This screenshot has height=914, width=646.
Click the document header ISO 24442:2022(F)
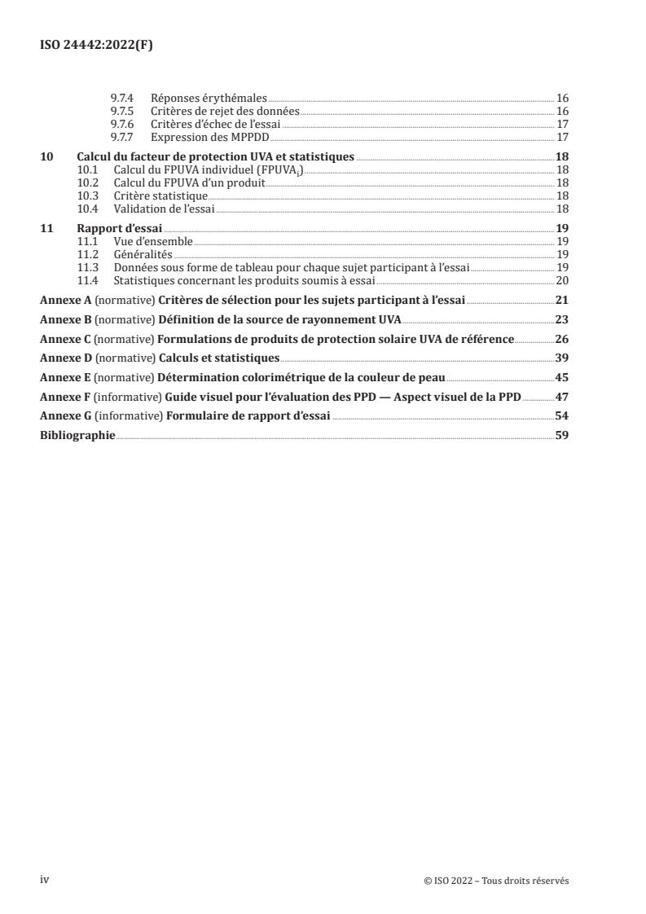[x=96, y=46]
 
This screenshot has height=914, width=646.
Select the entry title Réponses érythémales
[x=209, y=99]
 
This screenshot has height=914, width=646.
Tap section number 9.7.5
[x=122, y=111]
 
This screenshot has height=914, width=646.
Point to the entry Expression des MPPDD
[x=210, y=136]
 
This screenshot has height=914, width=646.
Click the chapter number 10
[x=46, y=157]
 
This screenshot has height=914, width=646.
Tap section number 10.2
[x=86, y=183]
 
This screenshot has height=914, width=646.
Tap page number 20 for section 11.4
[x=562, y=280]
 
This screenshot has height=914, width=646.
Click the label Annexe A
[x=66, y=301]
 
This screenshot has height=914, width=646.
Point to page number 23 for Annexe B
[x=562, y=320]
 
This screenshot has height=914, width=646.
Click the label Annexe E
[x=66, y=377]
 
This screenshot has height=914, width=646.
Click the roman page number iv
[x=46, y=880]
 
